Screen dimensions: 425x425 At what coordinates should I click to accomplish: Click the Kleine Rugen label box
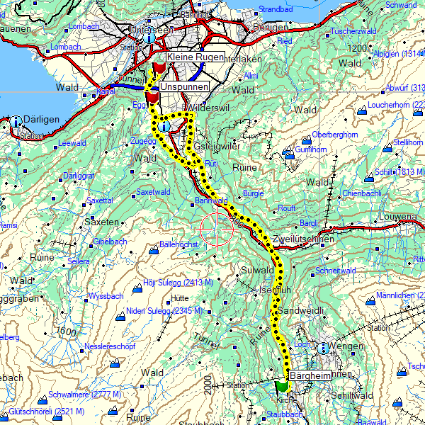[195, 57]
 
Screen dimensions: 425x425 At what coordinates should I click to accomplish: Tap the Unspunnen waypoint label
[185, 86]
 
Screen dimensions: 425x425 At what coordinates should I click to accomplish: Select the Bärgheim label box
[309, 375]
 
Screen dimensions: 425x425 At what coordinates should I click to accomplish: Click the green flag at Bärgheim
[282, 386]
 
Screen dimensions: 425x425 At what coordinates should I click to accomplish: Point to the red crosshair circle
[217, 229]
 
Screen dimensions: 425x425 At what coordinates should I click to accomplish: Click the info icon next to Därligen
[16, 121]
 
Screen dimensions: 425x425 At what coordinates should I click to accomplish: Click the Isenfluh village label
[275, 290]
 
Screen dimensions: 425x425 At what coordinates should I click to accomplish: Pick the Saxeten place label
[101, 222]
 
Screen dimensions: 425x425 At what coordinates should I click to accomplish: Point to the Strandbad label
[276, 9]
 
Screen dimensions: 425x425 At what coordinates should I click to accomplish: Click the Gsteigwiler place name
[217, 146]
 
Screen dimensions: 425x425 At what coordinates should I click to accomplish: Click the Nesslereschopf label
[109, 347]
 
